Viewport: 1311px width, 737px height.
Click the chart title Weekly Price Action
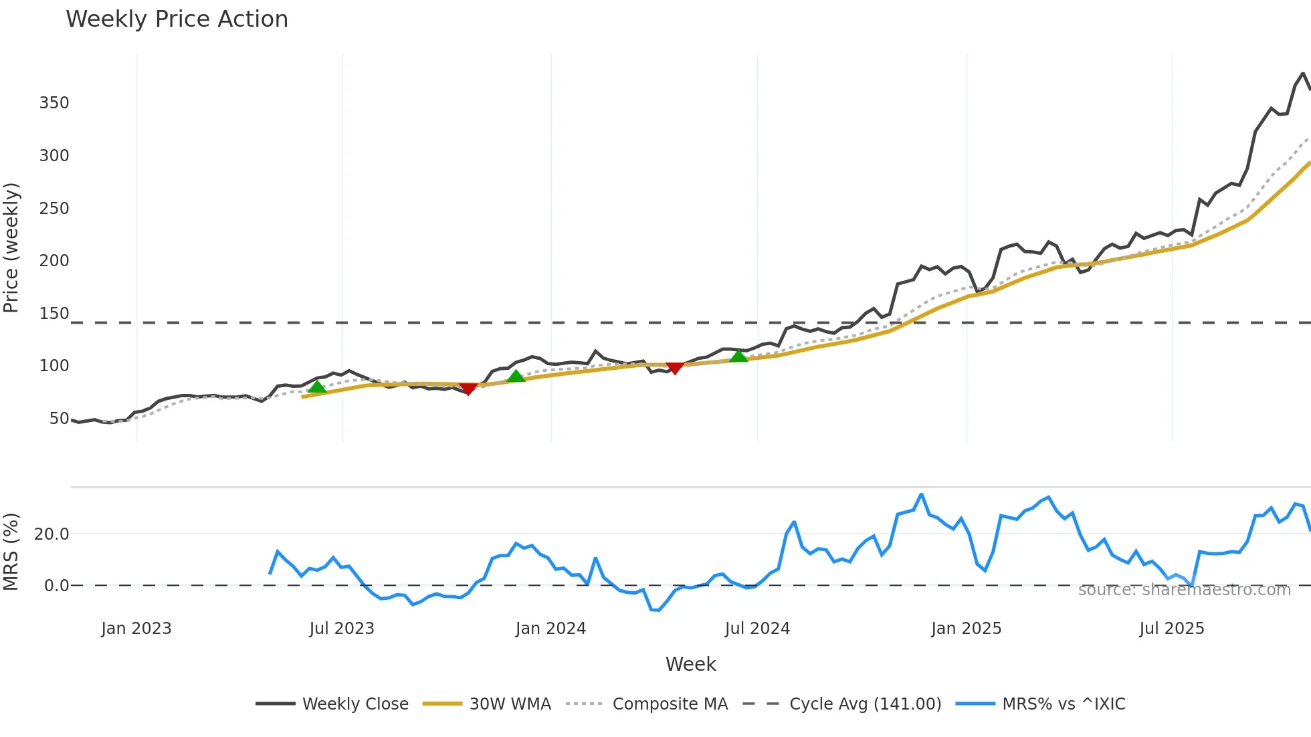[x=177, y=19]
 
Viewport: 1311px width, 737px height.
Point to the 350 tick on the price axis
[x=54, y=103]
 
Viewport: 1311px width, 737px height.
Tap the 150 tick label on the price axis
[x=54, y=314]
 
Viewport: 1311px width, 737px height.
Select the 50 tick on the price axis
[x=59, y=419]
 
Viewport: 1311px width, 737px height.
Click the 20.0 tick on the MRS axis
[x=52, y=534]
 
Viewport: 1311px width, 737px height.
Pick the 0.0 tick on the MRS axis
[x=56, y=586]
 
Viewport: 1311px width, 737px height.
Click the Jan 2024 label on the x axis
[x=550, y=629]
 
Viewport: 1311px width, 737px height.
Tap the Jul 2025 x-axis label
[x=1171, y=629]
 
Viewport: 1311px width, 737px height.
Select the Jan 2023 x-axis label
[x=136, y=629]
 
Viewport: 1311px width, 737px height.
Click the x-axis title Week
[x=690, y=664]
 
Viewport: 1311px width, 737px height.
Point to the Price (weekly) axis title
[x=11, y=247]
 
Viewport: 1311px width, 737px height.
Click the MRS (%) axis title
[x=11, y=552]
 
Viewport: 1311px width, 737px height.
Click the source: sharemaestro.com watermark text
[x=1184, y=590]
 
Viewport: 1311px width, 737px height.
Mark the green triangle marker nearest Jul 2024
[x=738, y=356]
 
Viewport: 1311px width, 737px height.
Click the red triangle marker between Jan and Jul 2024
[x=675, y=368]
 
